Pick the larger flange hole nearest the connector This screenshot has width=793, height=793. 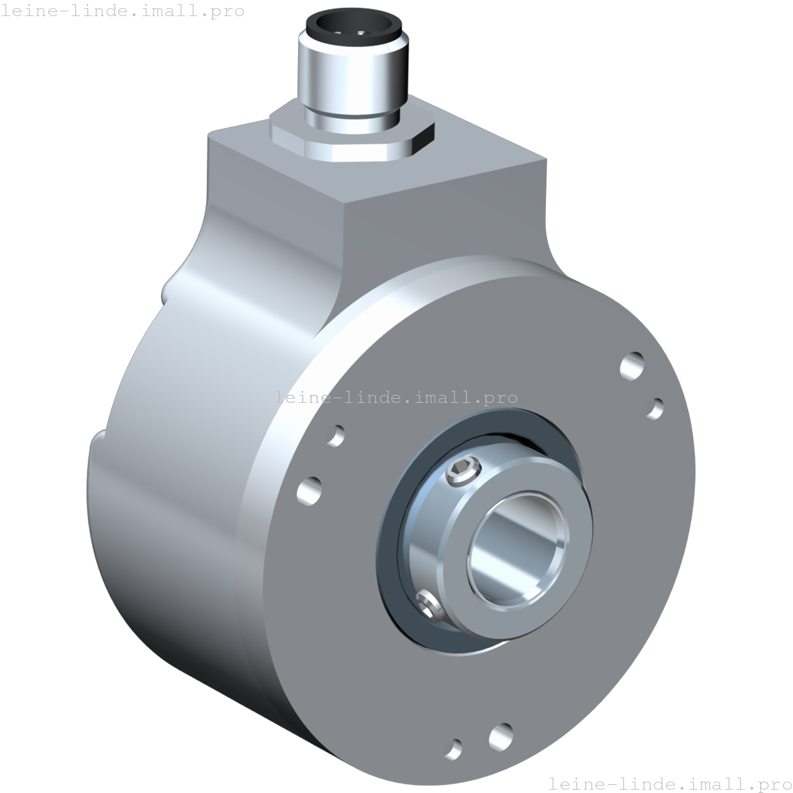click(632, 365)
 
